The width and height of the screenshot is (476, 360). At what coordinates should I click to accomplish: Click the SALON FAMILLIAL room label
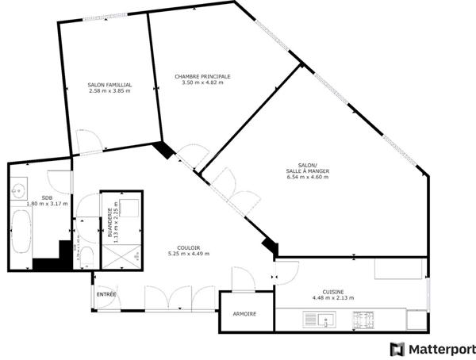pyautogui.click(x=109, y=84)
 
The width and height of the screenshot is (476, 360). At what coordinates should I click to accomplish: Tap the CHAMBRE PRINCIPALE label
pyautogui.click(x=202, y=77)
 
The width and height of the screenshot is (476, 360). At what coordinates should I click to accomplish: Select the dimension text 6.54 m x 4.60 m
pyautogui.click(x=308, y=177)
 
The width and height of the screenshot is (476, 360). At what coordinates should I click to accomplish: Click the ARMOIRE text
pyautogui.click(x=244, y=314)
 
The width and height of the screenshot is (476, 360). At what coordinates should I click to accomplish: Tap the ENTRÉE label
pyautogui.click(x=106, y=294)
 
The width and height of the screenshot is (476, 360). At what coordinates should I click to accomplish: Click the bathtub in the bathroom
pyautogui.click(x=21, y=233)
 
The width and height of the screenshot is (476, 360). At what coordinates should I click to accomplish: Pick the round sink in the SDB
pyautogui.click(x=19, y=190)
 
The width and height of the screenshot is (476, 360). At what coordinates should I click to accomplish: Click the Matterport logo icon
pyautogui.click(x=396, y=349)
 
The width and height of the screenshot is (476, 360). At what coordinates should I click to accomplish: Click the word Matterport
pyautogui.click(x=441, y=349)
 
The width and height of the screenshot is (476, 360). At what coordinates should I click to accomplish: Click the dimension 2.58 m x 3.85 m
pyautogui.click(x=109, y=90)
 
